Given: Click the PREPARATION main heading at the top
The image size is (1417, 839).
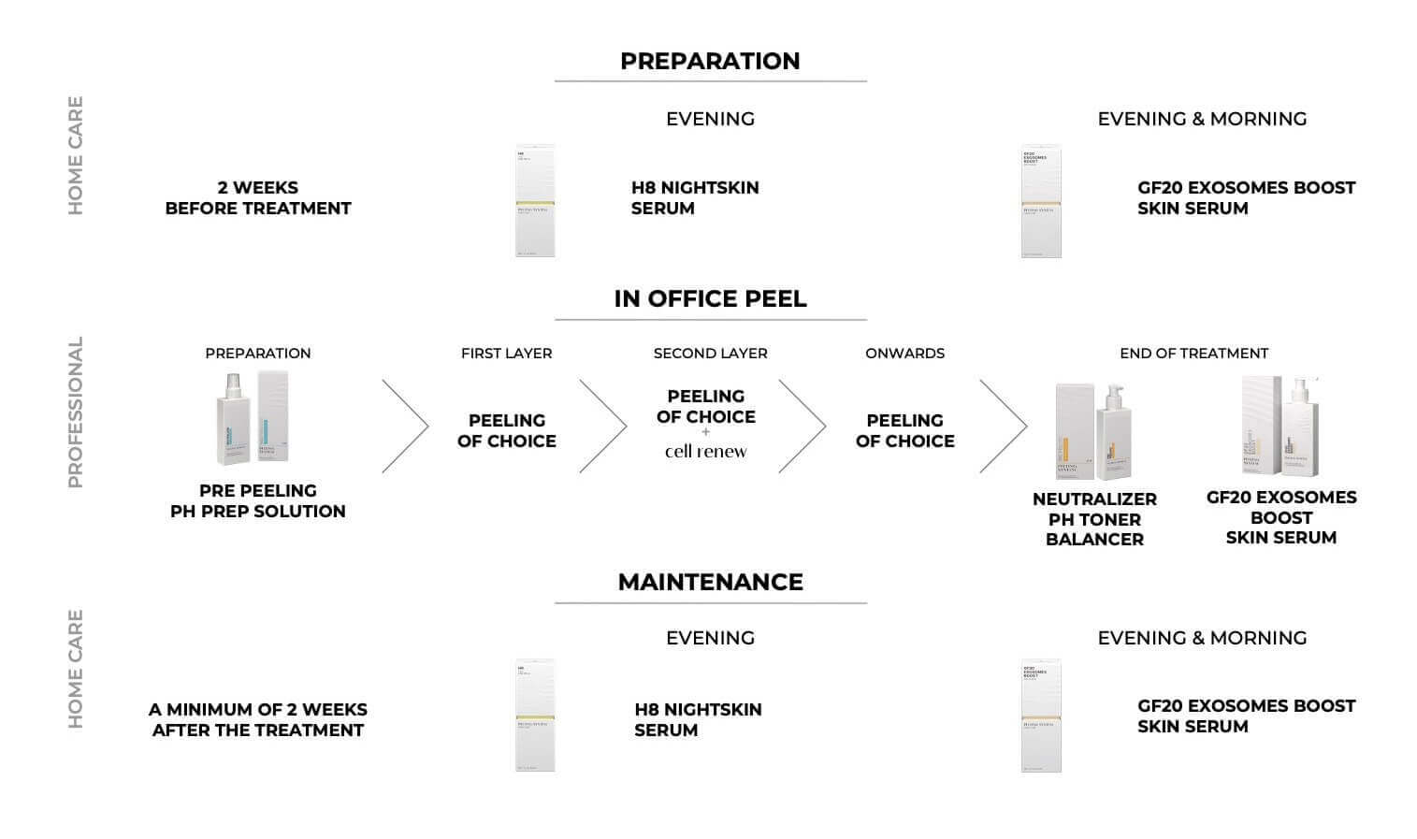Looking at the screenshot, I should coord(710,61).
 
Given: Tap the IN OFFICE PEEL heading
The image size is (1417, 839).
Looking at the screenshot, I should coord(710,298).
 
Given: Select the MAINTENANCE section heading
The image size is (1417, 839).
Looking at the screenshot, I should coord(710,582).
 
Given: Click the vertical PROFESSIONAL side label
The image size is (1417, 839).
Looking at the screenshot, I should coord(76,412).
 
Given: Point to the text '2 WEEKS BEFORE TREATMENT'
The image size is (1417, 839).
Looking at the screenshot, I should coord(257,198).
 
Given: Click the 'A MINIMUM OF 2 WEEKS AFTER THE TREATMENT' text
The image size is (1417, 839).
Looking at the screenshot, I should coord(257,720).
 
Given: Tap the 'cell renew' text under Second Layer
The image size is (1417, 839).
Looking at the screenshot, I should coord(706,451).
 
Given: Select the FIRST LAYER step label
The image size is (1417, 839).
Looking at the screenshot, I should coord(506,354).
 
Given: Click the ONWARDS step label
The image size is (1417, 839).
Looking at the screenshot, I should coord(904,354).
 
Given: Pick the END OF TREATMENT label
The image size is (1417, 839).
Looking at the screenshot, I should coord(1193,354).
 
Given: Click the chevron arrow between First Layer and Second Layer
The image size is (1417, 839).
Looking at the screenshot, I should coord(604,427).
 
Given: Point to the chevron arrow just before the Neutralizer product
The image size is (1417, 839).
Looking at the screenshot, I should coord(1005,427).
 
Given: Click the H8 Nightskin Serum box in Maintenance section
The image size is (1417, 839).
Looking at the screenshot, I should coord(535,716).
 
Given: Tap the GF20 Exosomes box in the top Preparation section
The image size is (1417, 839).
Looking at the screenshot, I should coord(1041,201).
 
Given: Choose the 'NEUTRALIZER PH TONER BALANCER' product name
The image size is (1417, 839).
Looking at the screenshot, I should coord(1094,519).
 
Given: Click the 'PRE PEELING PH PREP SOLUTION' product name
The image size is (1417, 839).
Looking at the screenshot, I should coord(257,500).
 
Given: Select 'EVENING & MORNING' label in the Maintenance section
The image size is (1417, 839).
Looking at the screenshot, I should coord(1202,638).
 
